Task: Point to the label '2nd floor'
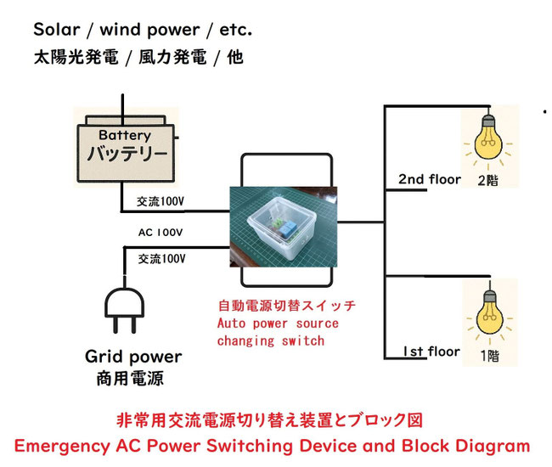(x=430, y=179)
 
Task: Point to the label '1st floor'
(x=431, y=352)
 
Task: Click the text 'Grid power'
(x=132, y=357)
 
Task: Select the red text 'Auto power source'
(x=278, y=324)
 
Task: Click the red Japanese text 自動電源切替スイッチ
(x=286, y=306)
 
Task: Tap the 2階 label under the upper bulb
(x=487, y=181)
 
